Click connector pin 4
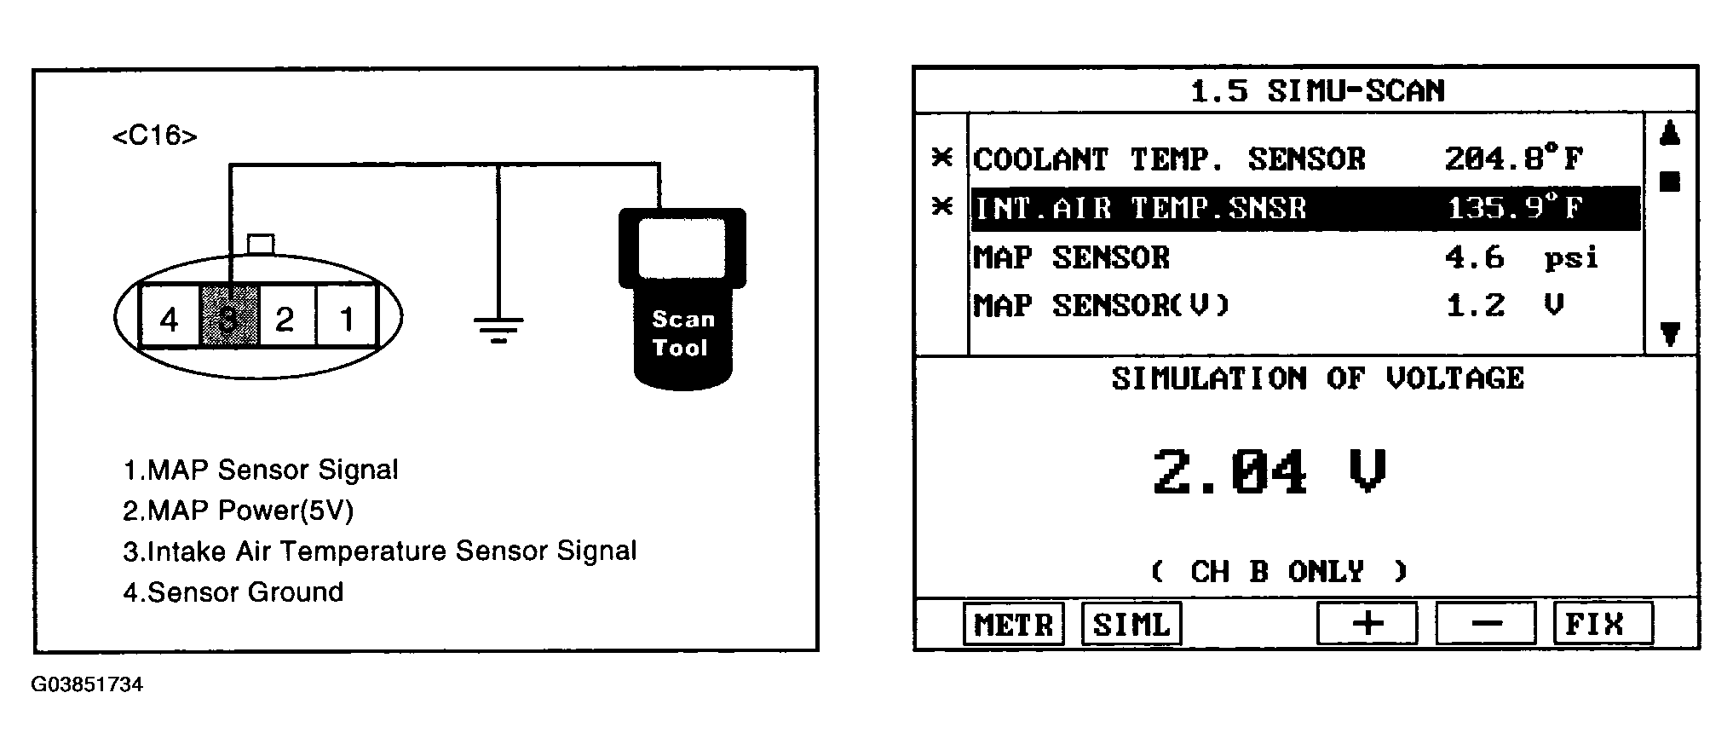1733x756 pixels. point(169,320)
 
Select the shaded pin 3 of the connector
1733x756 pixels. point(228,320)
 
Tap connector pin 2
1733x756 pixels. point(285,320)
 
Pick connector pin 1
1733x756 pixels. point(347,320)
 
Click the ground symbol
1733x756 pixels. point(498,328)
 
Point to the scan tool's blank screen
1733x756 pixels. point(682,247)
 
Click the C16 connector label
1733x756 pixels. point(154,136)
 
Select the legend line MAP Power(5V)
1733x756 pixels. point(238,511)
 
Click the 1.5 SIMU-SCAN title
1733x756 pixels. point(1316,91)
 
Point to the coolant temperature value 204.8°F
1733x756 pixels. point(1513,159)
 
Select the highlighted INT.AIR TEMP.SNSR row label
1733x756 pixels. point(1140,209)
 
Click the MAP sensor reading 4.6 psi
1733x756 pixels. point(1521,257)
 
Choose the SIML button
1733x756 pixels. point(1131,625)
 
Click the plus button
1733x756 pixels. point(1367,625)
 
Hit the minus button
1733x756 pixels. point(1486,625)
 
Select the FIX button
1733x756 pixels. point(1603,625)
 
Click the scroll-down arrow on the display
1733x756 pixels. point(1670,334)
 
